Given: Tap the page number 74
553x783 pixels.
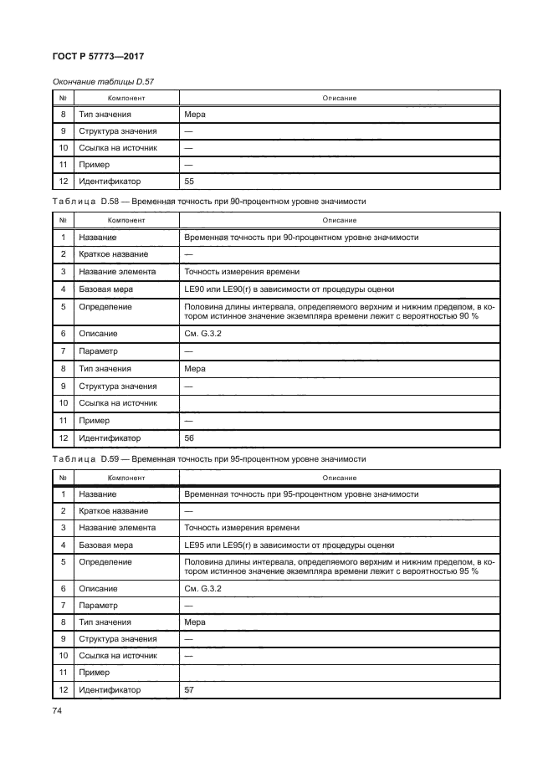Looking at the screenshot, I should (x=58, y=710).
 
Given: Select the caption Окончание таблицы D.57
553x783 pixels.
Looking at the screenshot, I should (x=103, y=81).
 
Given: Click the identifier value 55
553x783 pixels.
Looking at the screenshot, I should (x=189, y=181).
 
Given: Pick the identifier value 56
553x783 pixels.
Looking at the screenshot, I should (x=189, y=438).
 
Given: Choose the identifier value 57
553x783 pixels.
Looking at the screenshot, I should (x=189, y=690).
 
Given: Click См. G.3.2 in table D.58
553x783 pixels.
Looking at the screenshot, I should (x=198, y=334).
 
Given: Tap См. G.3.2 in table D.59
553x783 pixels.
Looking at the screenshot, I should (x=198, y=589).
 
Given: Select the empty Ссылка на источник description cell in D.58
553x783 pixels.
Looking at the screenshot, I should (x=340, y=403).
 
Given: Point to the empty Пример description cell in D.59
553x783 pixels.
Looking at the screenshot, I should (x=340, y=673).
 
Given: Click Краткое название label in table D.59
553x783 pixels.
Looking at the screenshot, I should (x=113, y=510).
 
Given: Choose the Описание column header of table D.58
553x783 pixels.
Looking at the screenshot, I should (x=340, y=220).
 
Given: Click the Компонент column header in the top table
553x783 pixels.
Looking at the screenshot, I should (x=125, y=98).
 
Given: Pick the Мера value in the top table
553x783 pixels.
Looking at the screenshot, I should (x=194, y=115).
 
